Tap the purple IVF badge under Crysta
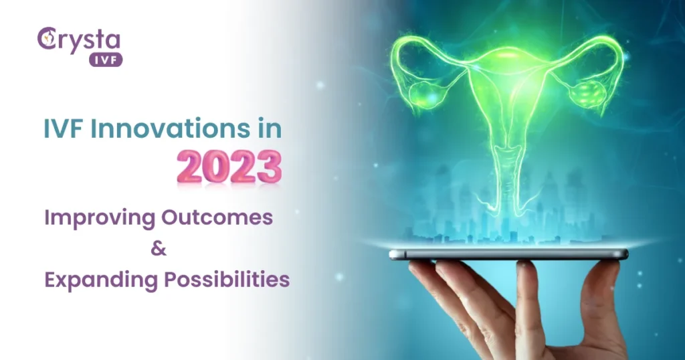point(105,60)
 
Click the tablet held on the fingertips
point(508,254)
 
